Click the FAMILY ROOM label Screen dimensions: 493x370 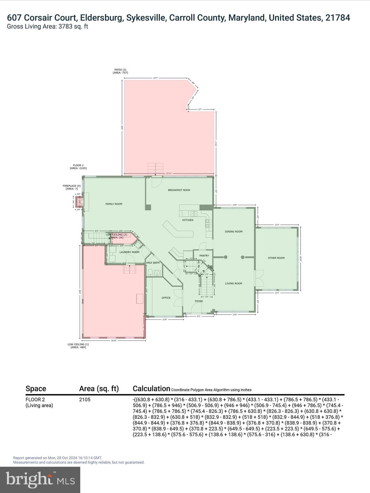pyautogui.click(x=114, y=204)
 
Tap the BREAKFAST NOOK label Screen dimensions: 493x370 pyautogui.click(x=179, y=190)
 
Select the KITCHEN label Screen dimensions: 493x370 pyautogui.click(x=188, y=220)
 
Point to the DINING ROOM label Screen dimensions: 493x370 pyautogui.click(x=233, y=232)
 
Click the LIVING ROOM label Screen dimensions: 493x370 pyautogui.click(x=233, y=284)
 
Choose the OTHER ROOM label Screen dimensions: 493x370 pyautogui.click(x=276, y=258)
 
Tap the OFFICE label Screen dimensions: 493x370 pyautogui.click(x=166, y=298)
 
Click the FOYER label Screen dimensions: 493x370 pyautogui.click(x=199, y=301)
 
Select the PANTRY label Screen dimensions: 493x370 pyautogui.click(x=204, y=256)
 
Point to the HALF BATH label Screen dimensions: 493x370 pyautogui.click(x=153, y=263)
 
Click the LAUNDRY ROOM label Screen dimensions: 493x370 pyautogui.click(x=129, y=252)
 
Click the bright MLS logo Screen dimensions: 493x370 pyautogui.click(x=40, y=480)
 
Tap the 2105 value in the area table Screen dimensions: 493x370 pyautogui.click(x=85, y=400)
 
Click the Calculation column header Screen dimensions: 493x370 pyautogui.click(x=151, y=389)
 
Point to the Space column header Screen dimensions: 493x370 pyautogui.click(x=36, y=389)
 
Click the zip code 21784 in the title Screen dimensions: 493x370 pyautogui.click(x=338, y=18)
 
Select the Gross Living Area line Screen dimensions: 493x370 pyautogui.click(x=48, y=27)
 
